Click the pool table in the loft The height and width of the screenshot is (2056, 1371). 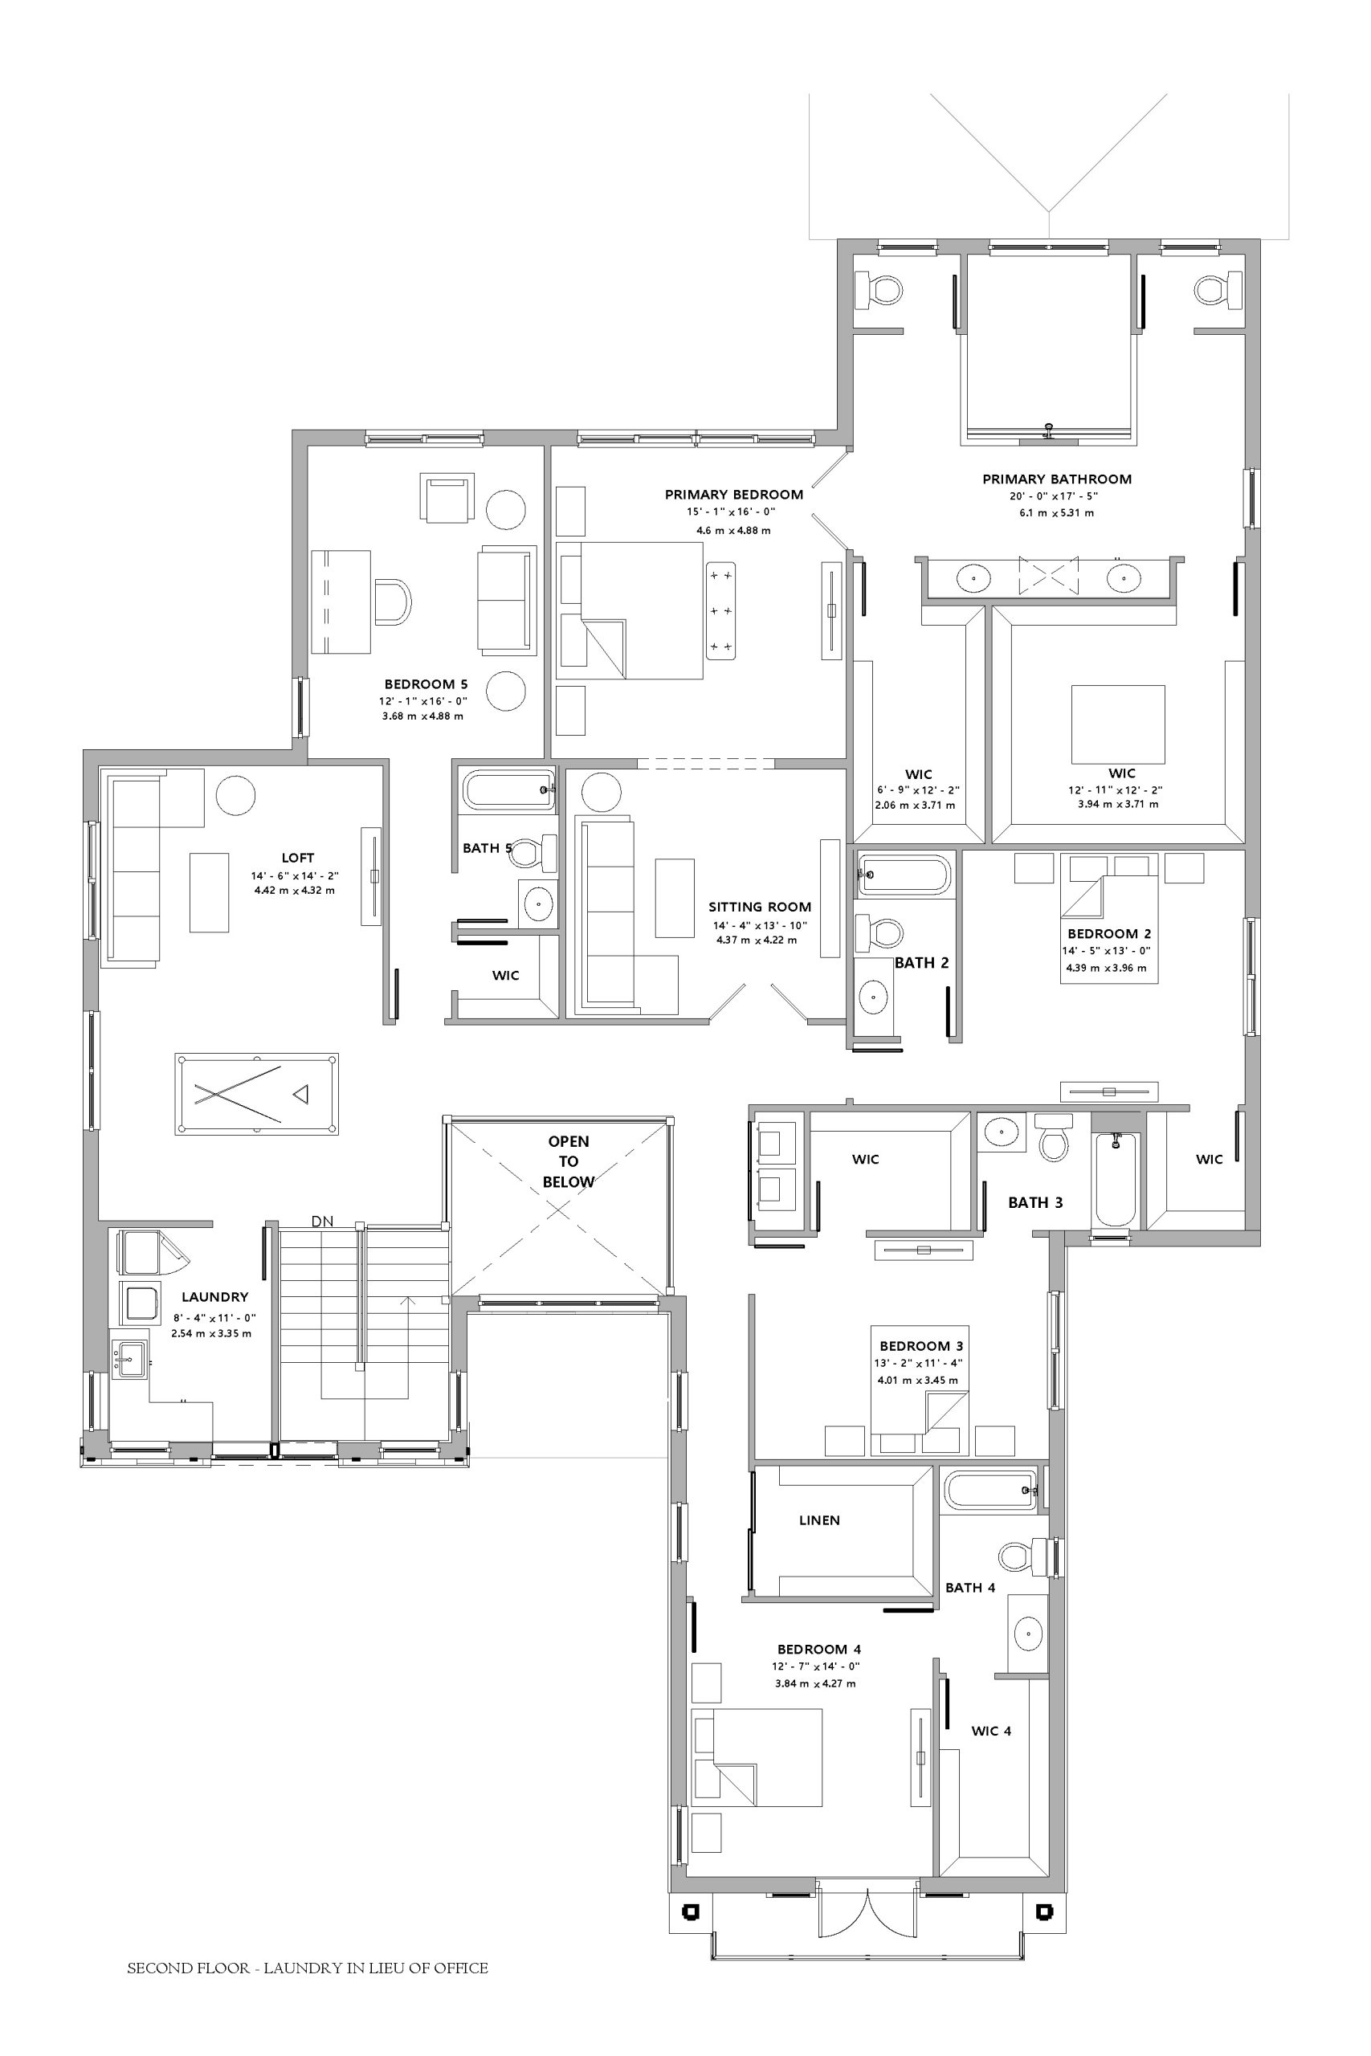point(256,1094)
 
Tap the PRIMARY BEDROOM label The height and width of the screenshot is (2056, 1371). point(733,495)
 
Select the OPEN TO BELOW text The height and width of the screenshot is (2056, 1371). point(569,1162)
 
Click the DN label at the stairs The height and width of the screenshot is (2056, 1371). point(323,1222)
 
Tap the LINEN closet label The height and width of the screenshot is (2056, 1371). point(819,1520)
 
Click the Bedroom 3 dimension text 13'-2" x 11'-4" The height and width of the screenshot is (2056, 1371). point(918,1363)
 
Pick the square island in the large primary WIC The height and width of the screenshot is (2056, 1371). point(1118,724)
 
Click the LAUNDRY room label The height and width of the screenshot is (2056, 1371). point(215,1297)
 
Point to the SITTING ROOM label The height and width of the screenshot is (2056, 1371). point(760,908)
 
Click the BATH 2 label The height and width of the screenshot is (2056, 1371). point(921,962)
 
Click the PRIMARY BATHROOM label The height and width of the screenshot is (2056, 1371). point(1057,479)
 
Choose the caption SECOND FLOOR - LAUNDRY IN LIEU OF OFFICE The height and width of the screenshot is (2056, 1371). point(308,1968)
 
